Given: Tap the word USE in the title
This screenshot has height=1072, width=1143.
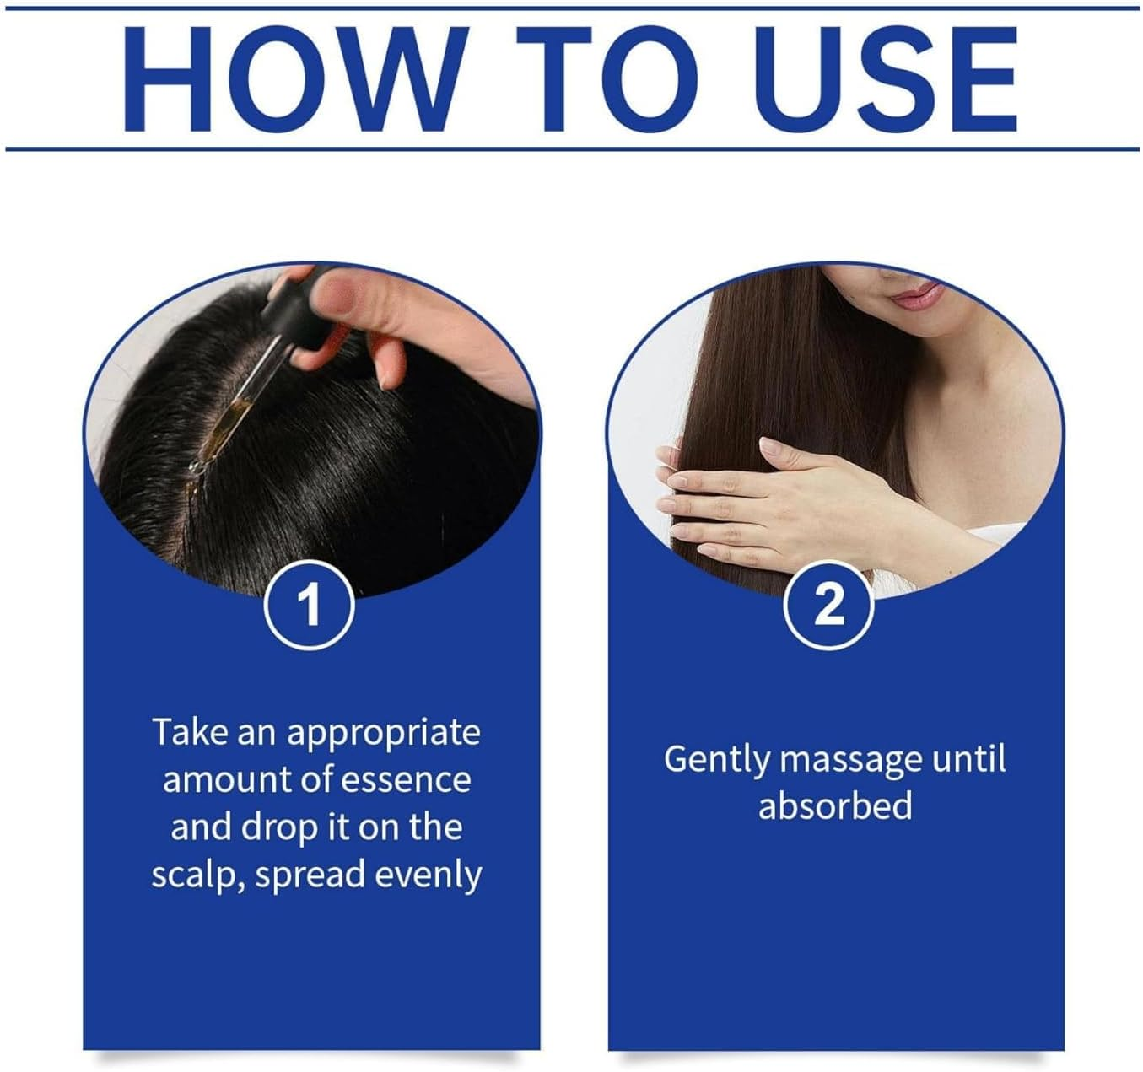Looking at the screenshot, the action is (x=890, y=80).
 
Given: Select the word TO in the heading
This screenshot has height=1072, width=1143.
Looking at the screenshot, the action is (x=607, y=79).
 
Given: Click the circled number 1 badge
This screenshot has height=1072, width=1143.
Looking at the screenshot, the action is (x=310, y=605).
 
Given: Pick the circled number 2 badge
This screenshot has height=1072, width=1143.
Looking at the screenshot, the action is (x=828, y=605).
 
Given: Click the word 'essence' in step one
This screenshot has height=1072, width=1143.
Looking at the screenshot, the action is (x=406, y=780).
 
